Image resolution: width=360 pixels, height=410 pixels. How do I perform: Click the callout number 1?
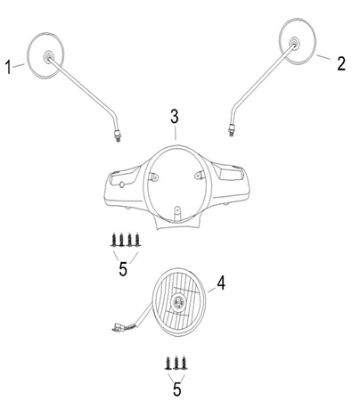click(x=9, y=67)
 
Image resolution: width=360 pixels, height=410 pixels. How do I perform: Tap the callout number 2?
click(x=341, y=63)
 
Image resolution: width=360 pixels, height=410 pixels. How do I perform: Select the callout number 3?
click(x=175, y=116)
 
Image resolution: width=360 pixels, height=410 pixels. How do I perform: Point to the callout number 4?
click(x=221, y=283)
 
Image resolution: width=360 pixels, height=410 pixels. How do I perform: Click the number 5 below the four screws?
click(x=123, y=269)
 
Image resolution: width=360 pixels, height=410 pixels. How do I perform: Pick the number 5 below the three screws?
click(x=177, y=389)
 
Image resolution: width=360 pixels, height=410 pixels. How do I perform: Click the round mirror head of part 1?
click(x=45, y=55)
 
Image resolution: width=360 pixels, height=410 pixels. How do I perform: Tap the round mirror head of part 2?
click(x=298, y=41)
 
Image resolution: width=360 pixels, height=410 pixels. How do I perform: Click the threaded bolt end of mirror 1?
click(x=119, y=135)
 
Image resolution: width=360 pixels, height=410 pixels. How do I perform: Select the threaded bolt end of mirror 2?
click(x=231, y=130)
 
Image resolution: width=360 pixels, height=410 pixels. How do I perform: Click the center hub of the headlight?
click(x=179, y=302)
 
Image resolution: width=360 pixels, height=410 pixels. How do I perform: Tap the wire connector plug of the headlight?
click(x=117, y=327)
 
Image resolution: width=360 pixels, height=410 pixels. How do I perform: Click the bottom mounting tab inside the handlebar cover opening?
click(x=177, y=213)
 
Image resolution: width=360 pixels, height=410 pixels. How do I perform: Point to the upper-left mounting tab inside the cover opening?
click(x=154, y=176)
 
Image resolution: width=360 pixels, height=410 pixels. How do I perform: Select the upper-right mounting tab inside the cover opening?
click(x=200, y=175)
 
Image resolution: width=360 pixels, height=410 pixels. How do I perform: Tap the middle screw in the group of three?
click(x=176, y=363)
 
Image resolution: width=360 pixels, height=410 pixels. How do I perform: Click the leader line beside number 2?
click(x=323, y=57)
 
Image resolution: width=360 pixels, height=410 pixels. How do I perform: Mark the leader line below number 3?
click(x=176, y=133)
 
